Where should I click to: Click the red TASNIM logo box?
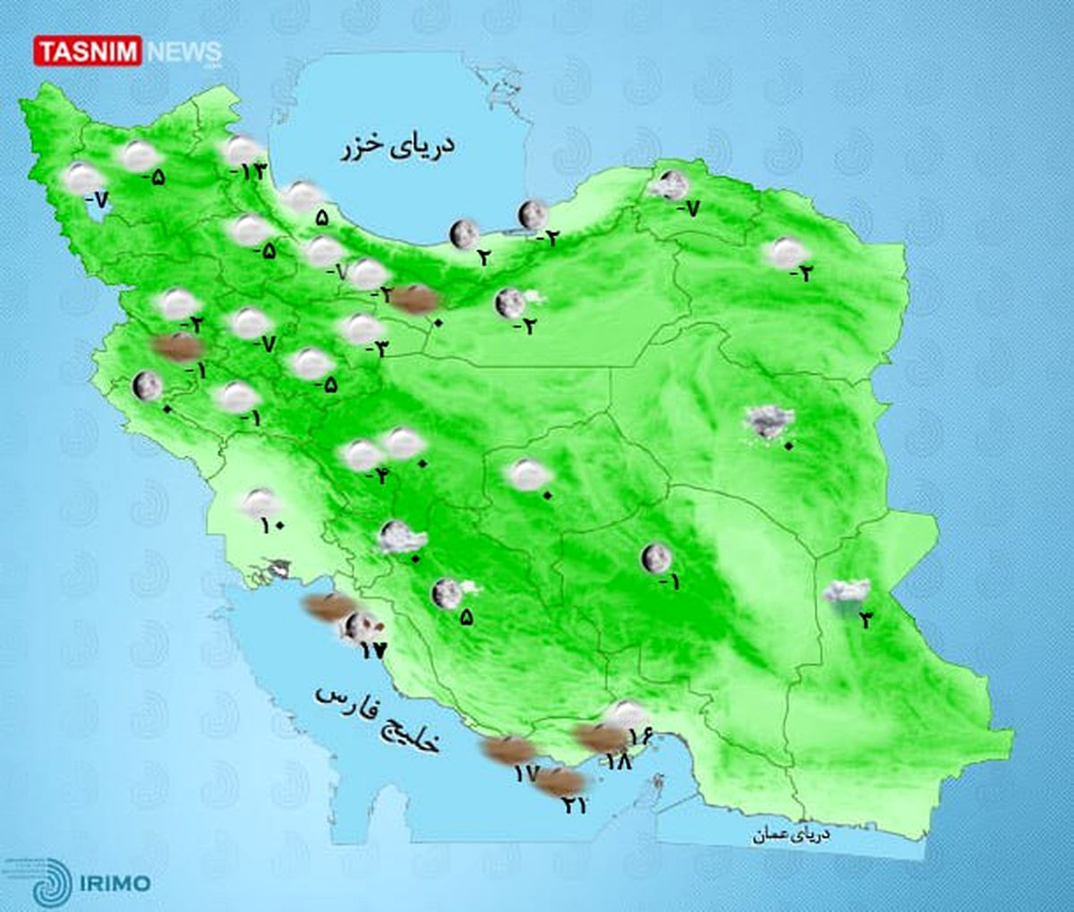coord(88,51)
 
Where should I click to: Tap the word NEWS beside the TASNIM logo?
coord(183,52)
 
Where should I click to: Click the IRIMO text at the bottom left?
coord(114,883)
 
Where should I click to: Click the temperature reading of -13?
coord(248,170)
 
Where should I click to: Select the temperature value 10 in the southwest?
coord(272,524)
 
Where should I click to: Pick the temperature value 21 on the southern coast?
coord(574,805)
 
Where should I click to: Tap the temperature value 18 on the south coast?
coord(618,762)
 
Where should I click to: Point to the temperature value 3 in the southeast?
coord(865,618)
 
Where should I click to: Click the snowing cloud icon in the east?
coord(770,420)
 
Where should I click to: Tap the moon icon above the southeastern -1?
coord(656,558)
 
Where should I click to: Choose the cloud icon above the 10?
coord(261,502)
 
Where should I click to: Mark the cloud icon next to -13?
coord(242,149)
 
